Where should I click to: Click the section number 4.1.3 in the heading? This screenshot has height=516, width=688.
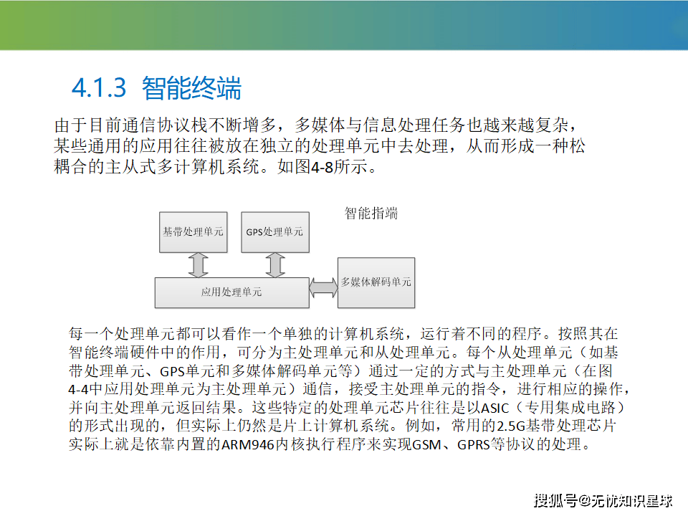[x=99, y=87]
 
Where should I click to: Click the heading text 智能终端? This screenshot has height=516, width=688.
[x=192, y=87]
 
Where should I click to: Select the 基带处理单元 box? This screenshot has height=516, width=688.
[x=193, y=232]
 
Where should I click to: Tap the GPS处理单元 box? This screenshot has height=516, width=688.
[x=275, y=232]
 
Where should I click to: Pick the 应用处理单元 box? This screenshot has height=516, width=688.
[x=232, y=292]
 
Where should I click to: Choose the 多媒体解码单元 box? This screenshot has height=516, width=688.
[x=376, y=282]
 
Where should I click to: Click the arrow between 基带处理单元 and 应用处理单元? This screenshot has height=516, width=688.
[x=199, y=265]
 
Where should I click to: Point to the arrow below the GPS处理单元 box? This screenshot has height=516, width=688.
[x=275, y=265]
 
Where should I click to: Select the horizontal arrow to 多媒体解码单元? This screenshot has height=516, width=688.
[x=324, y=287]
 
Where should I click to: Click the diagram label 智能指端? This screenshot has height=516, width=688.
[x=371, y=214]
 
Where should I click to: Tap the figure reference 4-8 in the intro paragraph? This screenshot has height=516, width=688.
[x=322, y=167]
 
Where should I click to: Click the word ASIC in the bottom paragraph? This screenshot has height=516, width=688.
[x=495, y=408]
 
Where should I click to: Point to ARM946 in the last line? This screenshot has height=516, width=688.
[x=248, y=445]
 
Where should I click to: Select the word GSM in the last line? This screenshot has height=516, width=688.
[x=426, y=445]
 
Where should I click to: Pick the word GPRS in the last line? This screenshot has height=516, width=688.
[x=474, y=445]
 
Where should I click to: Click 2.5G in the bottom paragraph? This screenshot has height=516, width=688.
[x=511, y=426]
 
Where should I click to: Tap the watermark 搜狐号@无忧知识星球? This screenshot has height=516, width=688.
[x=603, y=501]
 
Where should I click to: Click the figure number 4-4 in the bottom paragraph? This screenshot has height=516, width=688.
[x=79, y=390]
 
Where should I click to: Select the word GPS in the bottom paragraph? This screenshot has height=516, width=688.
[x=173, y=372]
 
